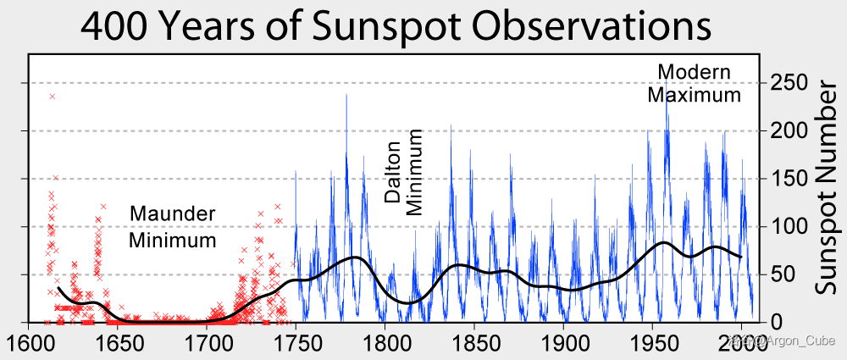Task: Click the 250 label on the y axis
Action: click(x=789, y=83)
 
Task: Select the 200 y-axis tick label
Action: click(x=789, y=130)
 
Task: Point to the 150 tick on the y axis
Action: click(x=789, y=179)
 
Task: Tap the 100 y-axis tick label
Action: click(x=789, y=226)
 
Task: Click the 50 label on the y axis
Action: click(x=783, y=274)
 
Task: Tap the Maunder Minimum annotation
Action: click(x=173, y=227)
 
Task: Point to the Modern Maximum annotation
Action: click(x=695, y=83)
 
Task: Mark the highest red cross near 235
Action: click(x=53, y=96)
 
